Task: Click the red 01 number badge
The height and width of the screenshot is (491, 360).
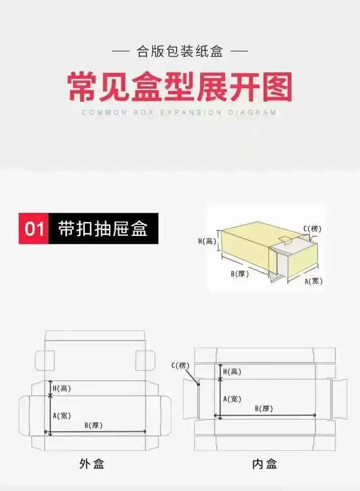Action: pyautogui.click(x=34, y=228)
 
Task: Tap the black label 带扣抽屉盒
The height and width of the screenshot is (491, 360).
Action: pyautogui.click(x=103, y=228)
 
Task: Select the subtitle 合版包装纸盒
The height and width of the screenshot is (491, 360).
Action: pyautogui.click(x=179, y=51)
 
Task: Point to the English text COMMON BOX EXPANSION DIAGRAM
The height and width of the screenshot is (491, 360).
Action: pyautogui.click(x=179, y=113)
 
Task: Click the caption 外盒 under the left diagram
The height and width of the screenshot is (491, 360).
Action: pyautogui.click(x=92, y=463)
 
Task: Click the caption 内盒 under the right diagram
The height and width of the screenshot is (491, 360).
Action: pyautogui.click(x=264, y=463)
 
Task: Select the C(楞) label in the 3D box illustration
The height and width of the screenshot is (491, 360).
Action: pyautogui.click(x=312, y=229)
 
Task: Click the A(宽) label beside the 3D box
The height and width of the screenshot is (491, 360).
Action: pyautogui.click(x=313, y=281)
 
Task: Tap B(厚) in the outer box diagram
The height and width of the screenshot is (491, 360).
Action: pyautogui.click(x=94, y=425)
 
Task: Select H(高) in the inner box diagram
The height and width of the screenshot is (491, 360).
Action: pyautogui.click(x=232, y=371)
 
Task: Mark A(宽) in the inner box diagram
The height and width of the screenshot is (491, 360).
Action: pyautogui.click(x=232, y=399)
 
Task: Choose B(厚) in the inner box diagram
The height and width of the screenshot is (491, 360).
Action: pyautogui.click(x=264, y=408)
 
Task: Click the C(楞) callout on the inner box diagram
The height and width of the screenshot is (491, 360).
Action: pyautogui.click(x=180, y=365)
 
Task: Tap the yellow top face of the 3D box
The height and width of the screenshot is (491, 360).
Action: pyautogui.click(x=248, y=237)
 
